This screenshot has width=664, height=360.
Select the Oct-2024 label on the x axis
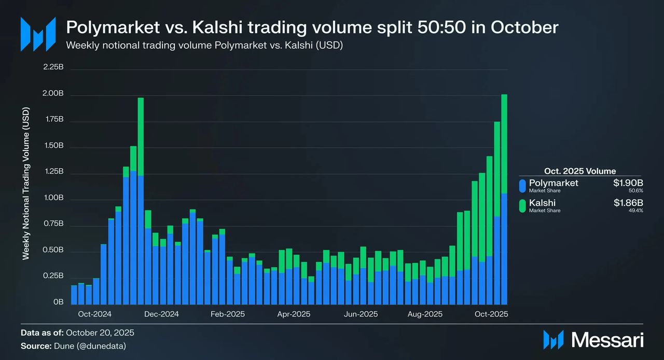pyautogui.click(x=92, y=314)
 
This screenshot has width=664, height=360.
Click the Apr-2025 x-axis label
pyautogui.click(x=294, y=314)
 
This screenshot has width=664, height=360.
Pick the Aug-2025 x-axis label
pyautogui.click(x=425, y=314)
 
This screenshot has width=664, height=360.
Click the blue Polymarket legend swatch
pyautogui.click(x=522, y=186)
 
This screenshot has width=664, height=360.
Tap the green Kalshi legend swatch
pyautogui.click(x=522, y=205)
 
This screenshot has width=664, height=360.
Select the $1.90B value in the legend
pyautogui.click(x=628, y=183)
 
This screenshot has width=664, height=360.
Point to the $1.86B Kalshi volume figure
pyautogui.click(x=628, y=203)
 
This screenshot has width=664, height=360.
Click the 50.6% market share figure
pyautogui.click(x=636, y=191)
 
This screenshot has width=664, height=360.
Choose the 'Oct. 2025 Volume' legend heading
pyautogui.click(x=580, y=171)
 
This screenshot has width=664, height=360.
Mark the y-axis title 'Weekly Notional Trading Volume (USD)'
pyautogui.click(x=25, y=184)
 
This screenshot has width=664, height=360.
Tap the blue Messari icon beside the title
pyautogui.click(x=38, y=34)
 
